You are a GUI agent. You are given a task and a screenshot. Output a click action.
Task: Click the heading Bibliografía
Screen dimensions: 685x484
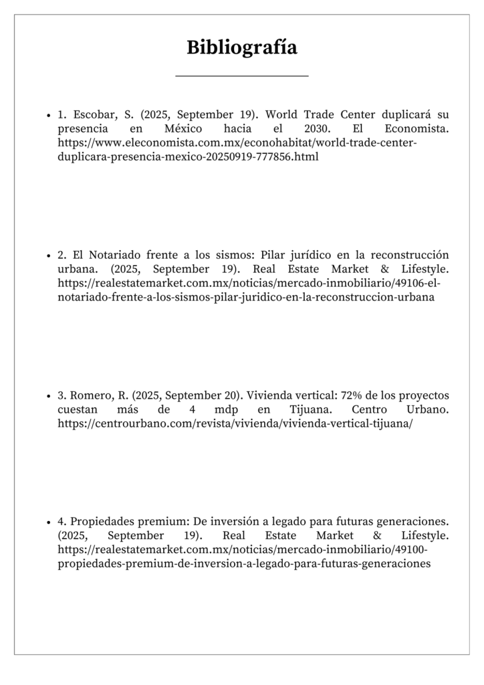pos(241,47)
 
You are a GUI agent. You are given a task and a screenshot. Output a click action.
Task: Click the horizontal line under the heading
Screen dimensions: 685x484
pos(241,76)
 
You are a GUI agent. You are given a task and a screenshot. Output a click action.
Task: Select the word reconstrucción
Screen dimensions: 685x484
pos(410,255)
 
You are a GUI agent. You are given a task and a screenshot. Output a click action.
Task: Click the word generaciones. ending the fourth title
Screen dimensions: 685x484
pos(413,521)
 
